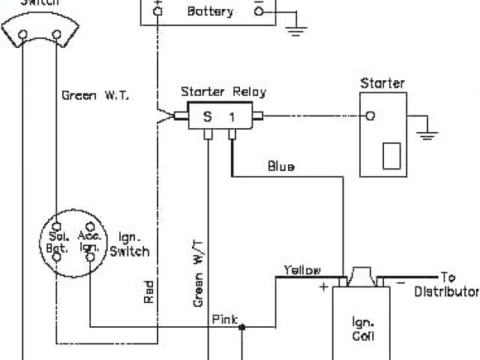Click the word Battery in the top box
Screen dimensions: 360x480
209,12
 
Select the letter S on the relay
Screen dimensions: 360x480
207,117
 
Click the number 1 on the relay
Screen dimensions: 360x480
232,117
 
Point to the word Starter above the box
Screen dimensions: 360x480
382,82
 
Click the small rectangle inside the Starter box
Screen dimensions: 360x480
391,156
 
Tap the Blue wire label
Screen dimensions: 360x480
281,166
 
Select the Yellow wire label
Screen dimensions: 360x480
302,270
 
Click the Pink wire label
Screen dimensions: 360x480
224,319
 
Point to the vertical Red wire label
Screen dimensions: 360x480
149,291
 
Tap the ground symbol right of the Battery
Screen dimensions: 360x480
297,31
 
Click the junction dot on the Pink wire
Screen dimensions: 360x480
242,325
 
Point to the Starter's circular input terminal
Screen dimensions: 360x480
370,116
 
